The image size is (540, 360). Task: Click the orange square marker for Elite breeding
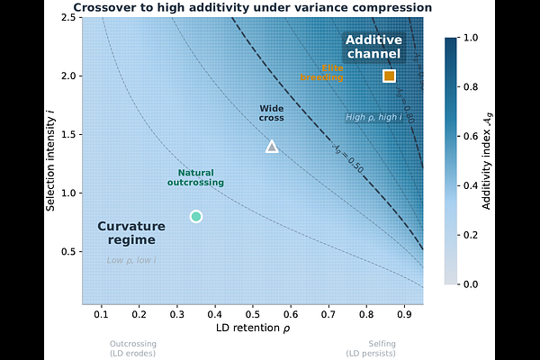(389, 76)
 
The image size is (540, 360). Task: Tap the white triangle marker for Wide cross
(272, 147)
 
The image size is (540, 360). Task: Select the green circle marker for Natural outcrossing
(196, 216)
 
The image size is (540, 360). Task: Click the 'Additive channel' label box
(373, 48)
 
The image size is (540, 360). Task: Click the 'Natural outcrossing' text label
(195, 177)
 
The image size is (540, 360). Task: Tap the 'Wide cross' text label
(272, 113)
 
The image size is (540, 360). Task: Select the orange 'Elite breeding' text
(321, 73)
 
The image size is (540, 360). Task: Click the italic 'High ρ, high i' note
(372, 117)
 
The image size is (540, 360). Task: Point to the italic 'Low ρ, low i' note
(131, 260)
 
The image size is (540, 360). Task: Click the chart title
(252, 7)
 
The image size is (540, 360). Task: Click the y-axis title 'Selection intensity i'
(51, 159)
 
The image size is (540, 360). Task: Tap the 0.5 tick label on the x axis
(253, 313)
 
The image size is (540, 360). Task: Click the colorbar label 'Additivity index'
(487, 160)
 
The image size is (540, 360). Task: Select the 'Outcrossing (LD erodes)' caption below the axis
(132, 347)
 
